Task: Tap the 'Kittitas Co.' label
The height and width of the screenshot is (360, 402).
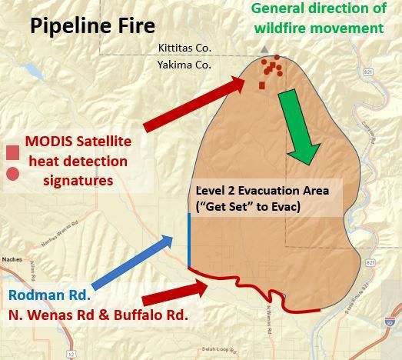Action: click(184, 48)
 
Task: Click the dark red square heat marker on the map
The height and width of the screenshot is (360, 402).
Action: click(262, 85)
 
